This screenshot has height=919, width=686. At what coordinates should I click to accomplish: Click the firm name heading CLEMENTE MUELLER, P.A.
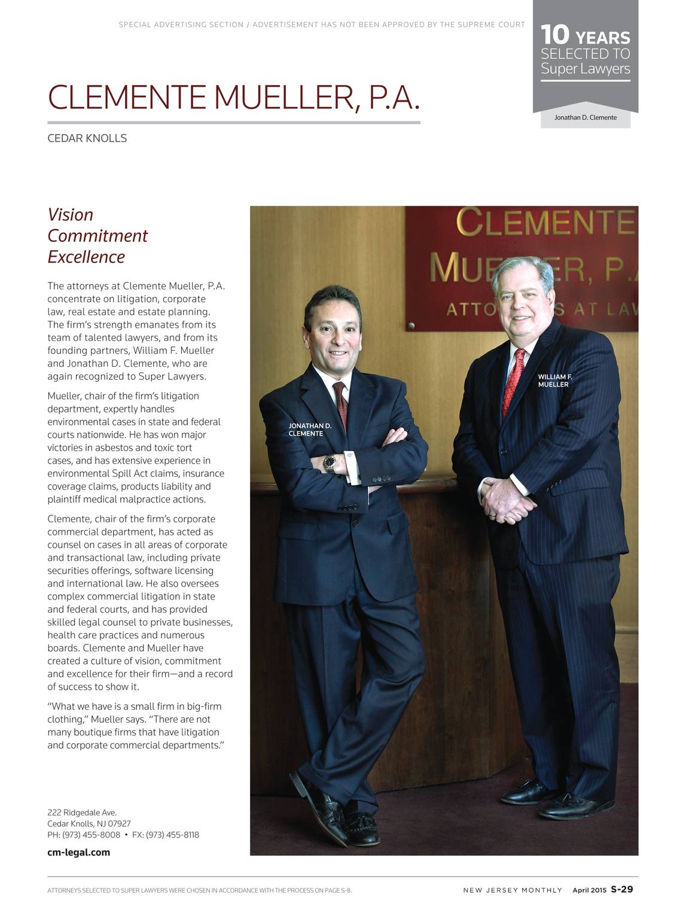point(233,98)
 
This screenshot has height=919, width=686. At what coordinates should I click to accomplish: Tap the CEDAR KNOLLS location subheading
point(87,138)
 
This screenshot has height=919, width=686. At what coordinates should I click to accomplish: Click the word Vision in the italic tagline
point(71,215)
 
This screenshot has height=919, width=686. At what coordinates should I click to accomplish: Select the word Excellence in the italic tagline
point(86,257)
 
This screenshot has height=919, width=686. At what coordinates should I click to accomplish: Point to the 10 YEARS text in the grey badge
point(584,36)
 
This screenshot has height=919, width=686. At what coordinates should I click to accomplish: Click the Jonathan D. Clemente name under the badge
point(585,118)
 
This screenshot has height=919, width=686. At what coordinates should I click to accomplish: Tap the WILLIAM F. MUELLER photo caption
point(554,381)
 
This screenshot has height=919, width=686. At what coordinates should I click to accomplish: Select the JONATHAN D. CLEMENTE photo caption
point(310,430)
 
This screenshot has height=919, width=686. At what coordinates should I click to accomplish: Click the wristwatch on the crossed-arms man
point(329,462)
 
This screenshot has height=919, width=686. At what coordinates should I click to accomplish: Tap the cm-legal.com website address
point(78,853)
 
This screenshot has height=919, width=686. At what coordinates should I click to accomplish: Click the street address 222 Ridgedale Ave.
point(82,813)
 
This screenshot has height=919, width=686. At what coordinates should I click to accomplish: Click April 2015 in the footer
point(589,890)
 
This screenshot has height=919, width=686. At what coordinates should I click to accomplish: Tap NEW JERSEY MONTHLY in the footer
point(513,890)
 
